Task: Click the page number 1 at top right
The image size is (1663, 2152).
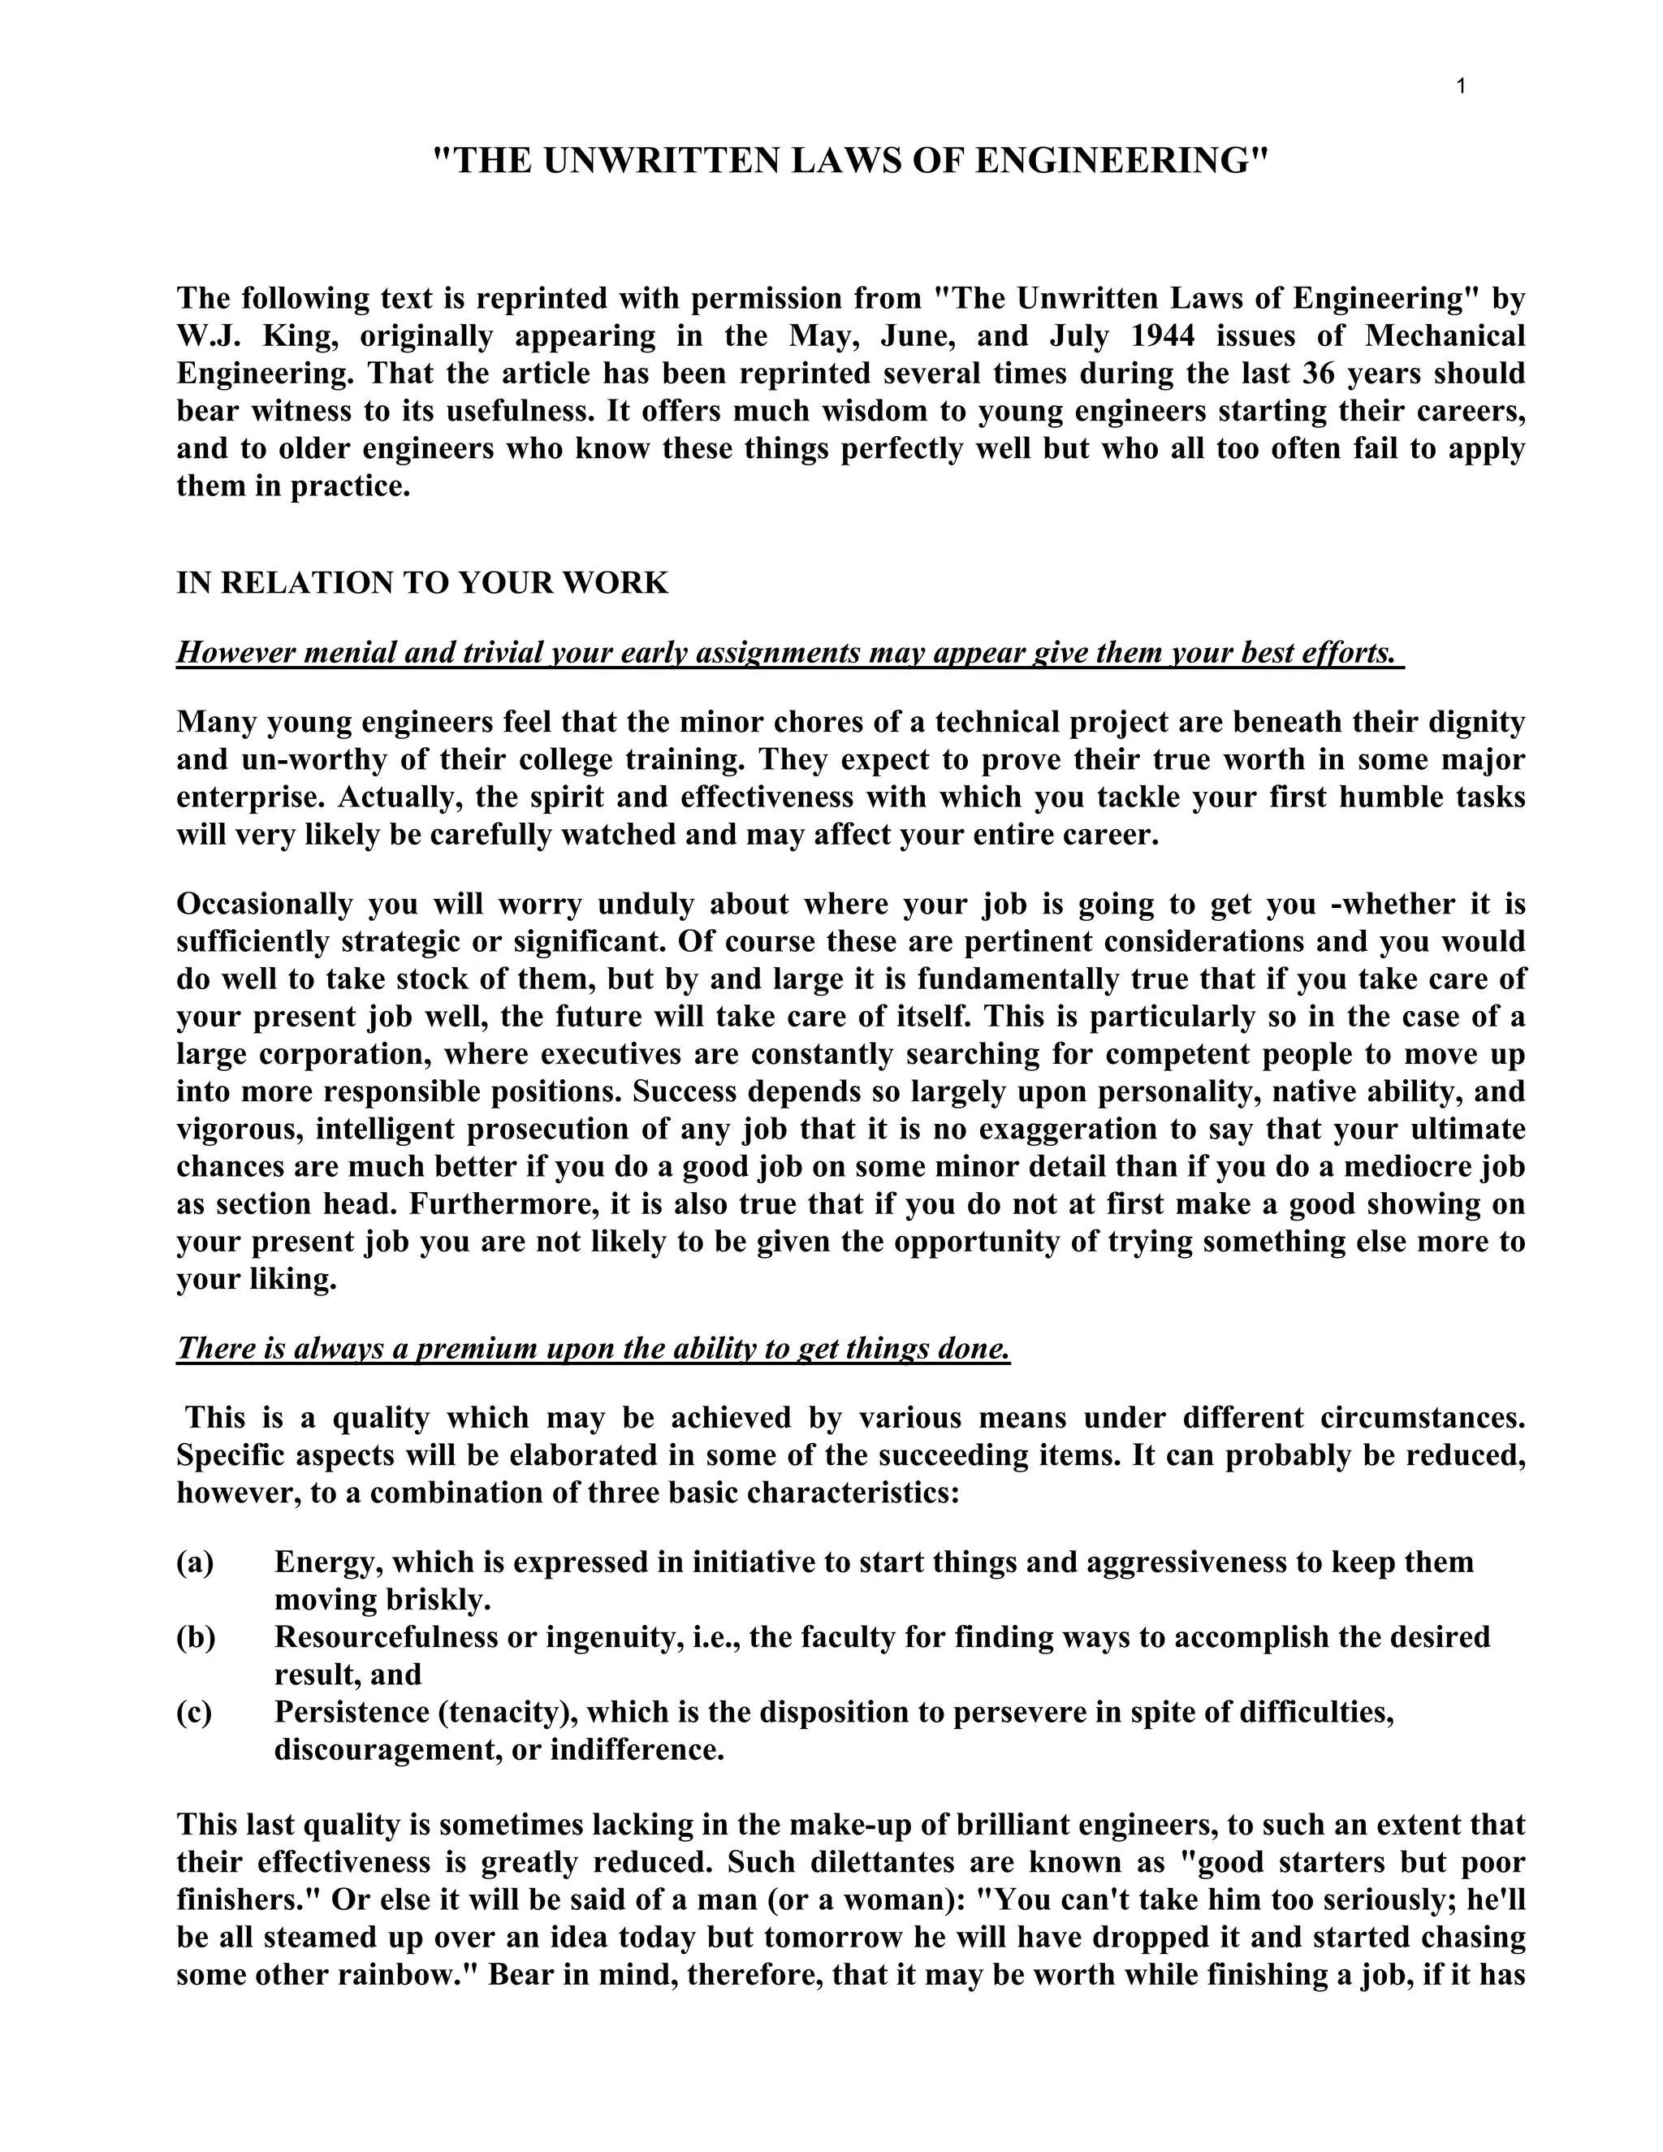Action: point(1461,87)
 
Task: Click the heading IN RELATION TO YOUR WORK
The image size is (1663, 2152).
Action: point(421,582)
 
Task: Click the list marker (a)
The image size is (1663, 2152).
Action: point(195,1562)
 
